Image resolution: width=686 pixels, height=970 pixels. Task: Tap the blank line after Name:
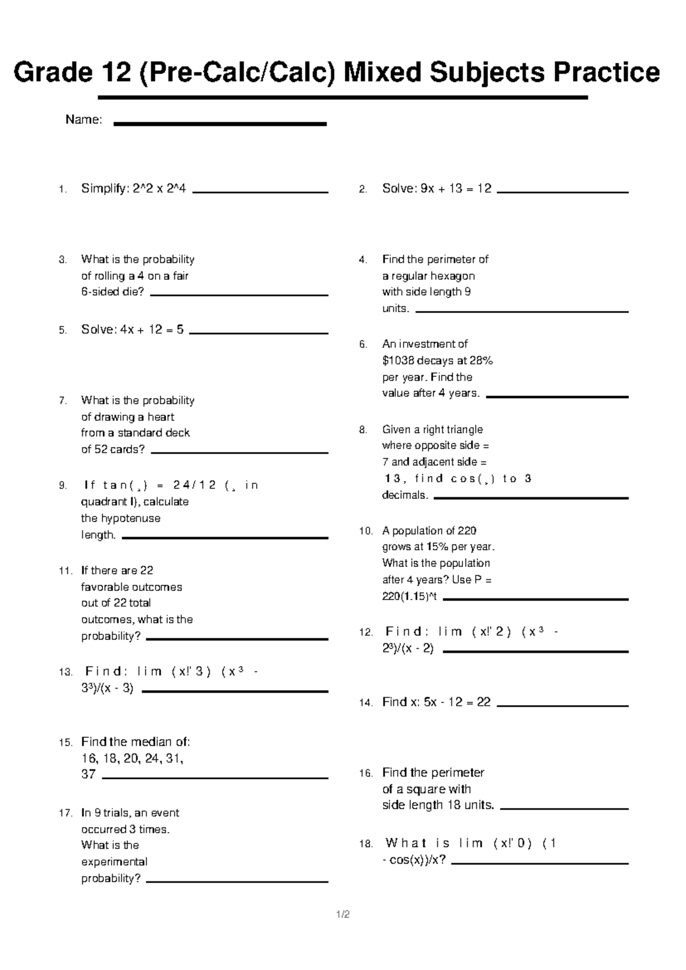[x=220, y=124]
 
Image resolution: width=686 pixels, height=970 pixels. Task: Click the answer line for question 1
[x=261, y=193]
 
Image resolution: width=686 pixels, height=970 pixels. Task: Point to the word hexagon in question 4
[x=453, y=276]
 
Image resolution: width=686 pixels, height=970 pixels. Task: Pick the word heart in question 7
[x=161, y=417]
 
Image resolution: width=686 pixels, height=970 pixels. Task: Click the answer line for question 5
[x=258, y=333]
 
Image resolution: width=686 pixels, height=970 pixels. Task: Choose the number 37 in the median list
[x=89, y=774]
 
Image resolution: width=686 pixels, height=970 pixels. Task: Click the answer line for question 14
[x=563, y=706]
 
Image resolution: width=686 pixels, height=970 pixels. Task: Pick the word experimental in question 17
[x=114, y=861]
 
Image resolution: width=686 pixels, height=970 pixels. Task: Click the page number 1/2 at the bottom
[x=343, y=914]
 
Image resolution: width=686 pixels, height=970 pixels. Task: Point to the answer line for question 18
[x=540, y=863]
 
